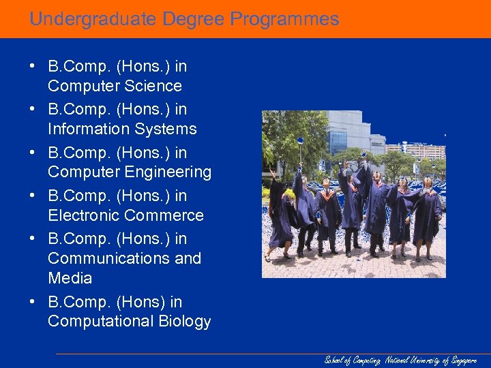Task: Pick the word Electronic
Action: point(83,215)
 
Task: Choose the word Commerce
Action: point(164,215)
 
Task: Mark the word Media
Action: point(70,278)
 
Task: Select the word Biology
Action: point(185,321)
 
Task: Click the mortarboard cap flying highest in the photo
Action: point(301,140)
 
